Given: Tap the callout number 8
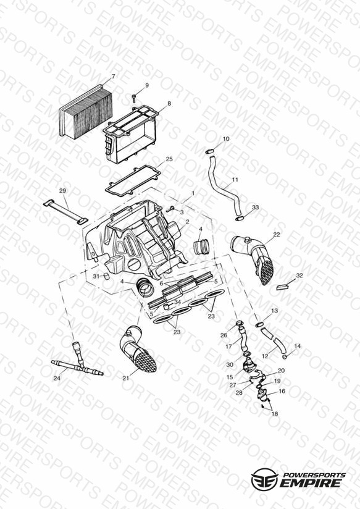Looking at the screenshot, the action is click(x=169, y=104).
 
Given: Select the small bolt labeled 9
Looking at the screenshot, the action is click(x=133, y=96).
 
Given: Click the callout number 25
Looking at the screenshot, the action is click(x=169, y=159).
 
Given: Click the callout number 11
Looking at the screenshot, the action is click(x=235, y=180).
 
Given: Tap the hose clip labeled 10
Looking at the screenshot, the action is click(x=209, y=151).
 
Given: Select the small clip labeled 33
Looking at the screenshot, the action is click(x=239, y=219).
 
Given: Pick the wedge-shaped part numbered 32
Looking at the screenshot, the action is click(x=282, y=287).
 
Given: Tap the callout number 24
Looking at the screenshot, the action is click(x=57, y=378).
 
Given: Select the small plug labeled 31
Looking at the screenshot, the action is click(x=105, y=277).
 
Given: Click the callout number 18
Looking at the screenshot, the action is click(x=275, y=414).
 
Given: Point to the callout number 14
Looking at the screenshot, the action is click(x=298, y=346).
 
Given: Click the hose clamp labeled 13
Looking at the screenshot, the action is click(x=259, y=324).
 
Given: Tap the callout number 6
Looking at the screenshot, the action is click(x=161, y=283).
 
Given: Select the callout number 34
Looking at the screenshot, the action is click(x=177, y=302).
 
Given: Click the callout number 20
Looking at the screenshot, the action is click(x=281, y=371).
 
